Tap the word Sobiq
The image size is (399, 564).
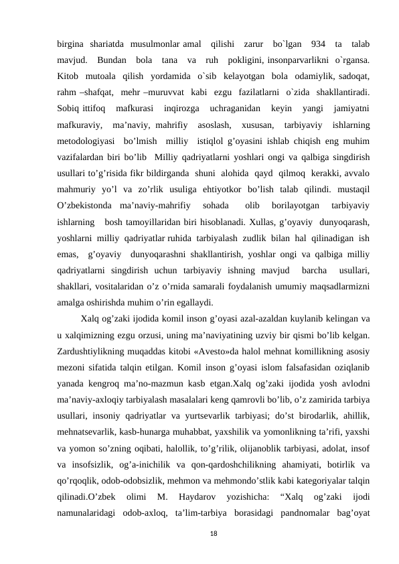(x=68, y=107)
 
